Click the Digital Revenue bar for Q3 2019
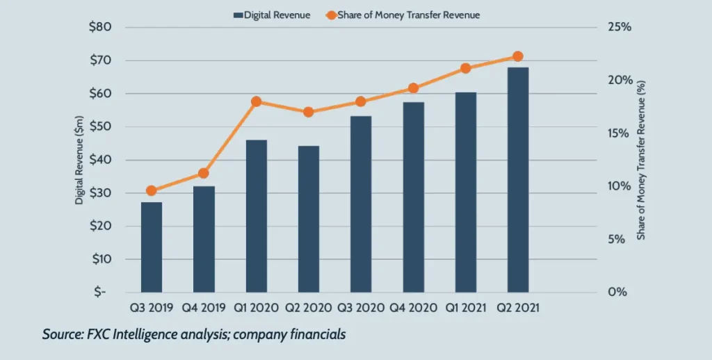point(152,247)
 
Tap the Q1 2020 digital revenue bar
point(256,215)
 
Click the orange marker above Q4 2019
point(204,173)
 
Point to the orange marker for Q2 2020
point(309,112)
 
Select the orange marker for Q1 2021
point(465,68)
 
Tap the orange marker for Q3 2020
point(361,101)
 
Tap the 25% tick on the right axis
point(619,27)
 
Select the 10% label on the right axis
point(619,186)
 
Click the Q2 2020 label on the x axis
point(309,306)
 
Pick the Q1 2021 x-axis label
point(465,306)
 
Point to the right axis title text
point(641,160)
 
